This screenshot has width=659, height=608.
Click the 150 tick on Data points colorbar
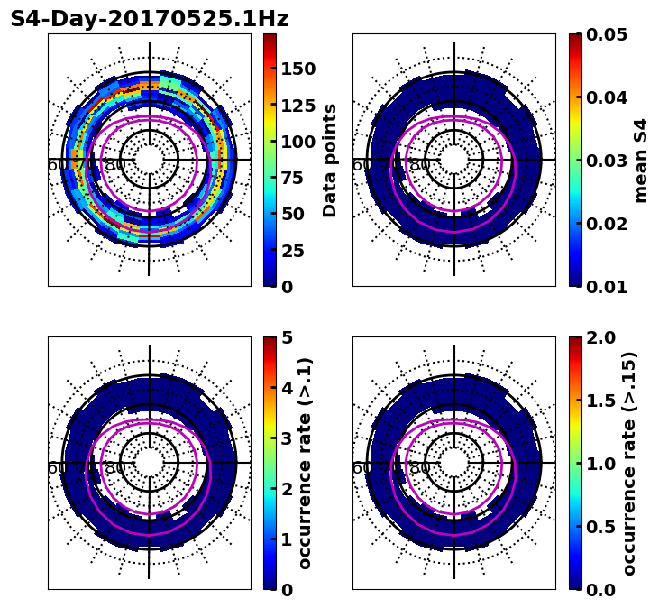click(x=297, y=69)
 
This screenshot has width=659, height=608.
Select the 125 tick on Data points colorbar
click(x=297, y=106)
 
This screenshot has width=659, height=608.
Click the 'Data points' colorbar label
click(x=330, y=160)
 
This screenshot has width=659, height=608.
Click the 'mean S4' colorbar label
click(x=641, y=160)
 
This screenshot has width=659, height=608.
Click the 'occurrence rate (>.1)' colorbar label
click(x=305, y=463)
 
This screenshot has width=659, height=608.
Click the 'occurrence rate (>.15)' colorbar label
click(x=629, y=463)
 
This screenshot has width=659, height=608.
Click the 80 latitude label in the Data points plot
click(x=115, y=165)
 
